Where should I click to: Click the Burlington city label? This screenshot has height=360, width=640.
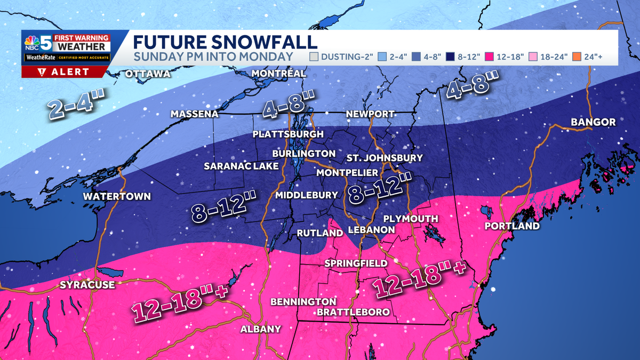tap(303, 154)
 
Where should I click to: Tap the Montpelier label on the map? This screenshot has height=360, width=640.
tap(347, 173)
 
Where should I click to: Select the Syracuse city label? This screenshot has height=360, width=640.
tap(87, 285)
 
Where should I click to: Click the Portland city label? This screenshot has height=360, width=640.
tap(512, 226)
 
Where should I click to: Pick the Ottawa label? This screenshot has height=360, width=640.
tap(148, 74)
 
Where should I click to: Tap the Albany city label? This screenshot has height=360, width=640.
tap(260, 329)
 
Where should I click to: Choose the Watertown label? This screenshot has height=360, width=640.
tap(117, 196)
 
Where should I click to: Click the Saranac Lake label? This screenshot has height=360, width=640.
tap(241, 166)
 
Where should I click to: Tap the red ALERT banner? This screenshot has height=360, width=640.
tap(66, 72)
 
